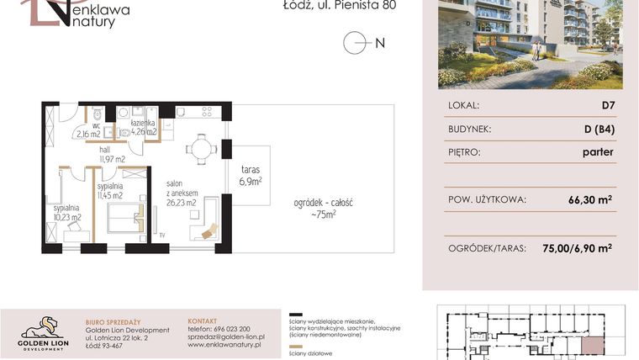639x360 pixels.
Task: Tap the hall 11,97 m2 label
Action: point(111,153)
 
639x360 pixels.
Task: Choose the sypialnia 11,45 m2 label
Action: point(110,190)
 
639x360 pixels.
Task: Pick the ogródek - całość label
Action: point(322,208)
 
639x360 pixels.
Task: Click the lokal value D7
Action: point(605,106)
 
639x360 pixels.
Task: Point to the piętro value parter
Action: point(597,152)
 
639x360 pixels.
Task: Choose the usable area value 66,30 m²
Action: point(589,200)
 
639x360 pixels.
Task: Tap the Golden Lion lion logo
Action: point(43,326)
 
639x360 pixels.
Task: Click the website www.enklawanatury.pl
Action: point(224,345)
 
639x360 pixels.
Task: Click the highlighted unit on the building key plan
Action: point(592,345)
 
